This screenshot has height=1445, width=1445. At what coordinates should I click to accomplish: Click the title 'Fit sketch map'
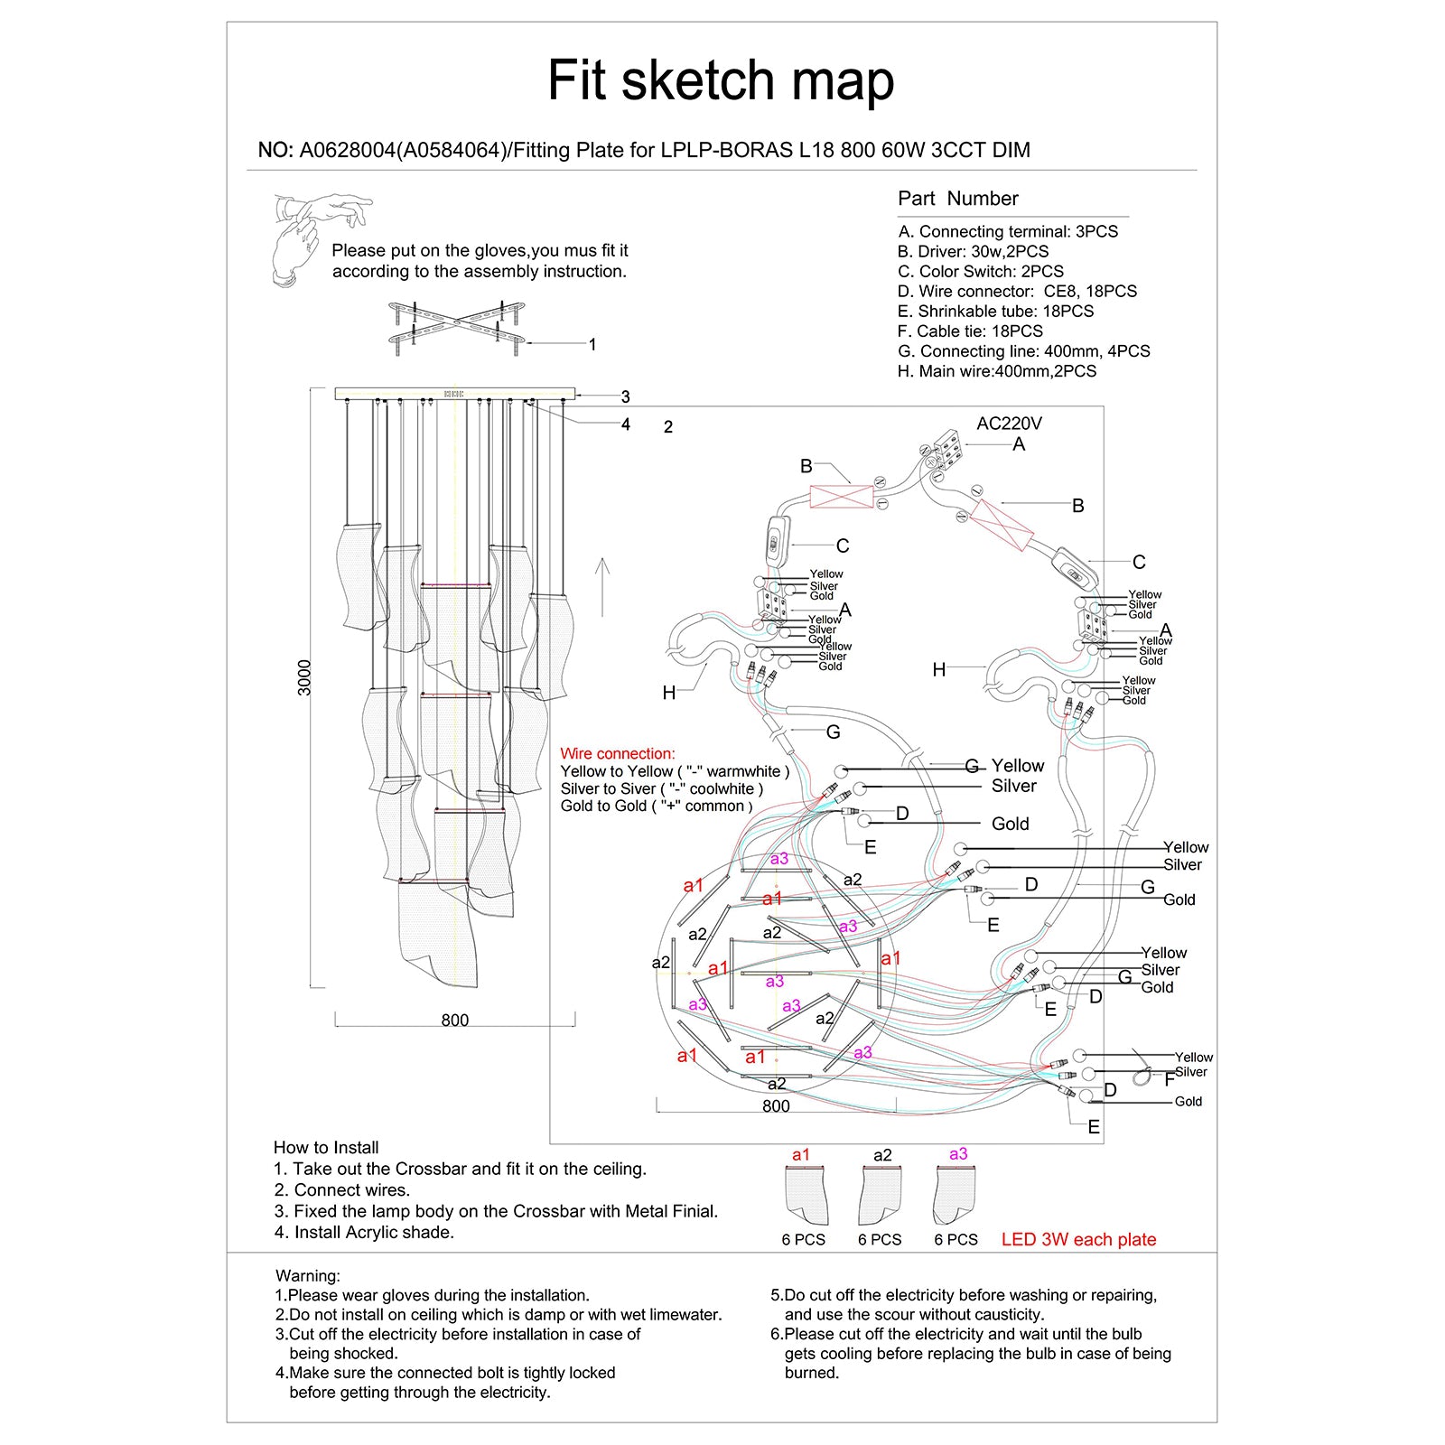tap(721, 80)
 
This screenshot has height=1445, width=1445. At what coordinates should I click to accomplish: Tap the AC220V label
tap(1009, 424)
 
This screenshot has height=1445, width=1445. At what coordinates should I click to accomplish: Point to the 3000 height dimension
tap(305, 677)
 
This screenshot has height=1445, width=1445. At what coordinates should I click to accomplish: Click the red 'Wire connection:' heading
tap(617, 754)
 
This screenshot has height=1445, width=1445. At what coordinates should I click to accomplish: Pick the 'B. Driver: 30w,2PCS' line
tap(973, 252)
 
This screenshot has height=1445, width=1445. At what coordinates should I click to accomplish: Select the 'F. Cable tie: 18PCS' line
tap(970, 331)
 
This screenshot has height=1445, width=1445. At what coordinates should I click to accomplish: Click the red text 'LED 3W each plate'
tap(1078, 1240)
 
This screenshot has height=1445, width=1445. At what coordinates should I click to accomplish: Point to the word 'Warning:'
tap(308, 1276)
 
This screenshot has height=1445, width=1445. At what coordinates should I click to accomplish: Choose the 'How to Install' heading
tap(326, 1148)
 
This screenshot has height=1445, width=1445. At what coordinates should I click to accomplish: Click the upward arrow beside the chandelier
tap(603, 587)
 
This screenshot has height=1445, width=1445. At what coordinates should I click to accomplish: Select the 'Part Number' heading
tap(957, 199)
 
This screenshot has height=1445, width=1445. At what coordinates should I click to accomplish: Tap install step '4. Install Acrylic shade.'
tap(364, 1233)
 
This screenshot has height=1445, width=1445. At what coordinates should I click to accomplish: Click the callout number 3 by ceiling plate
tap(625, 396)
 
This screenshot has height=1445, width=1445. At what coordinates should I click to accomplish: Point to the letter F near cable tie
tap(1170, 1080)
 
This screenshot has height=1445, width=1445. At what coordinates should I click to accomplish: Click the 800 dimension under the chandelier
tap(454, 1021)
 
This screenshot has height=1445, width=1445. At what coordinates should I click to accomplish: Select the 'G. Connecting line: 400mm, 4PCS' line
tap(1023, 351)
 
